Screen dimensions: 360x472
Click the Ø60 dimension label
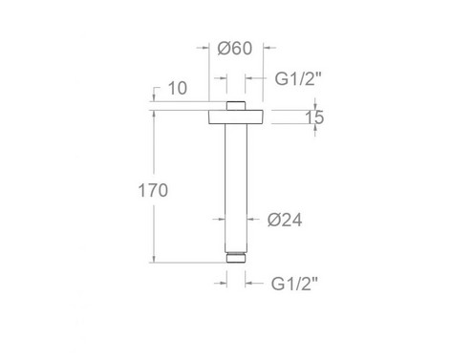[x=234, y=49]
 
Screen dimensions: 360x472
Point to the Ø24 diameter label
[x=285, y=220]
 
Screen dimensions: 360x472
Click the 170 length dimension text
[x=153, y=190]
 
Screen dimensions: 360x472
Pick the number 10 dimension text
[x=176, y=89]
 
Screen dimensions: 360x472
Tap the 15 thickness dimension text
[x=315, y=118]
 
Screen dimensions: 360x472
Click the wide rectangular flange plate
[x=236, y=118]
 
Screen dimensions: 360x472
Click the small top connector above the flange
[x=236, y=104]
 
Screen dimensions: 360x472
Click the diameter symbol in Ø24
[x=273, y=220]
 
